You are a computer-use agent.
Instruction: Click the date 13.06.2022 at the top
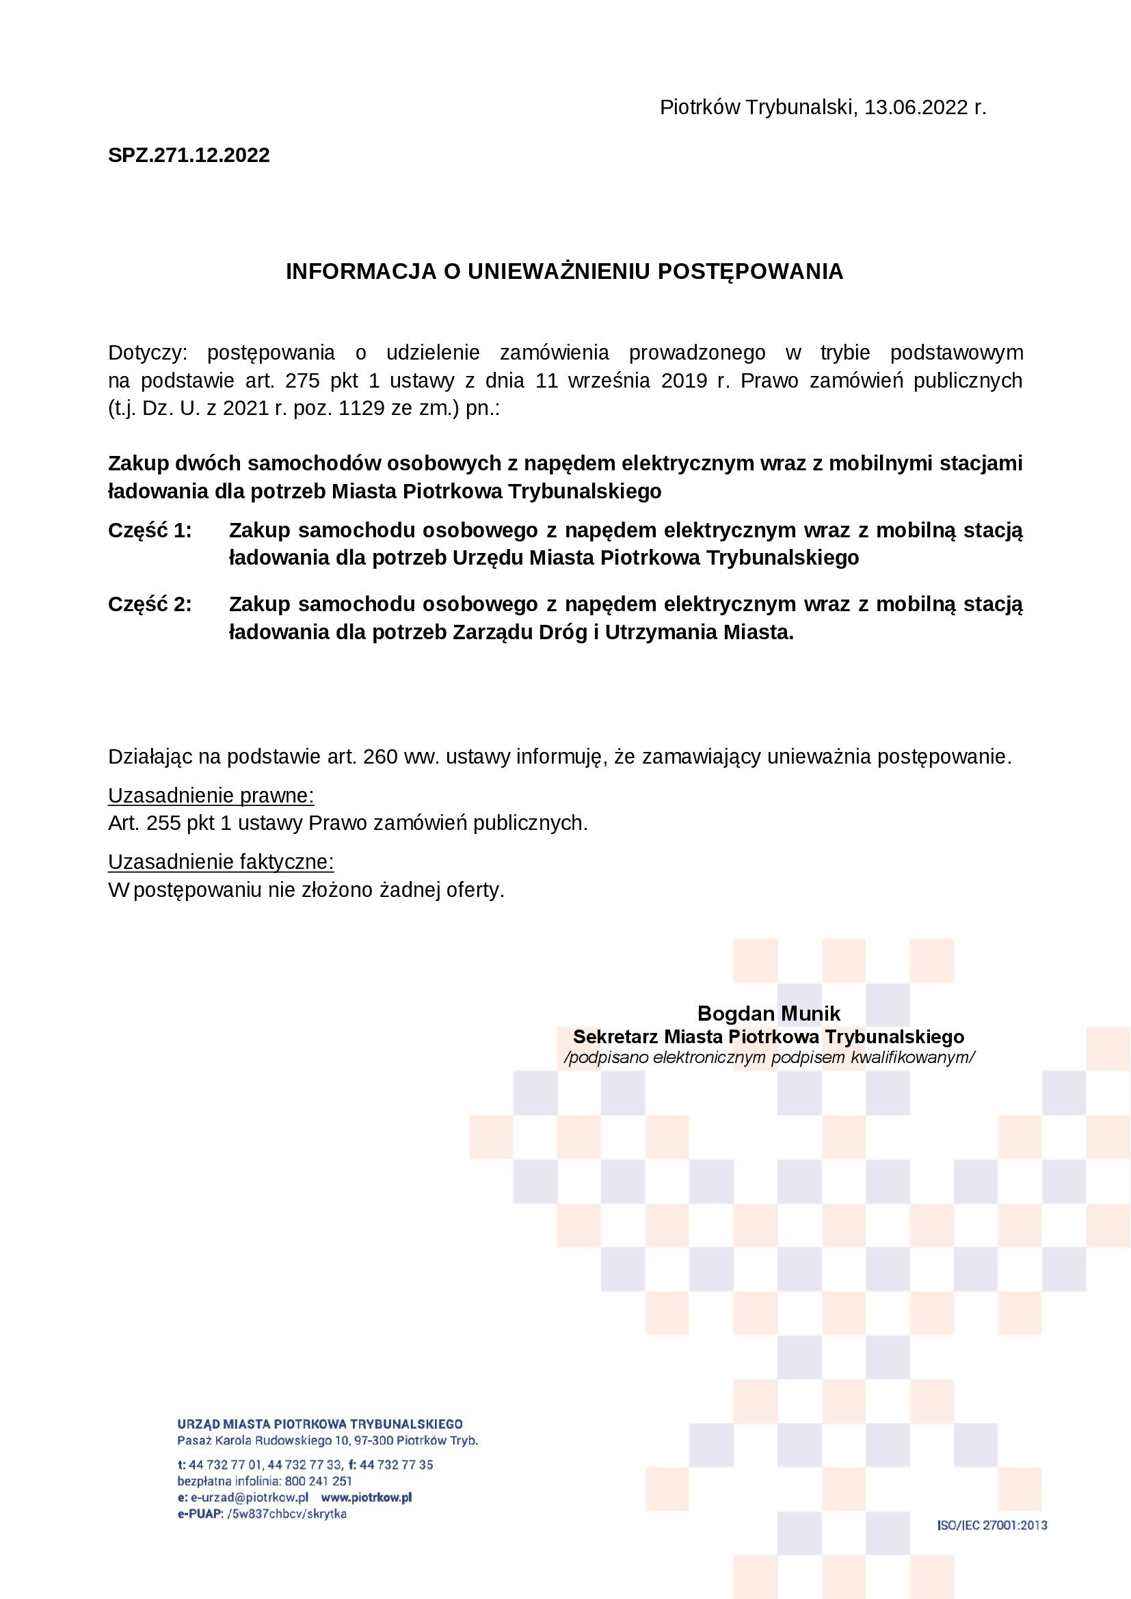pos(916,108)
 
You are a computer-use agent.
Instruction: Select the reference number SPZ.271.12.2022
pos(189,154)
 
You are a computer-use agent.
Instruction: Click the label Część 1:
pos(150,530)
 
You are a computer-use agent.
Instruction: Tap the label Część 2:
pos(150,604)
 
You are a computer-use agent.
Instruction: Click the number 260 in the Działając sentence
pos(380,757)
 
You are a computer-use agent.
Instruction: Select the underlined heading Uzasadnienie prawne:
pos(211,796)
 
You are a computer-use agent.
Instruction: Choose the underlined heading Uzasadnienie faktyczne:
pos(221,862)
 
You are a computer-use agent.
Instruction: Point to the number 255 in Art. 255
pos(163,824)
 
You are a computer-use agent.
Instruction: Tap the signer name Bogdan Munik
pos(769,1013)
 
